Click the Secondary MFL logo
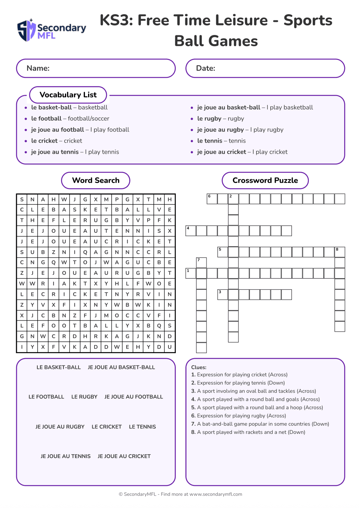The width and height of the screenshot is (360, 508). click(52, 30)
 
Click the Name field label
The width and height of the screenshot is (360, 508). click(38, 68)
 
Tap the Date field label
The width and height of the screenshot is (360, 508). click(205, 68)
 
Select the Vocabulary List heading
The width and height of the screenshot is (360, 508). click(68, 95)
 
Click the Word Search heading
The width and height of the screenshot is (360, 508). click(96, 181)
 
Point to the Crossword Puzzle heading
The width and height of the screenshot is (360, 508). click(265, 181)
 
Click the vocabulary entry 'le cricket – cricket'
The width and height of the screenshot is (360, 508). click(57, 141)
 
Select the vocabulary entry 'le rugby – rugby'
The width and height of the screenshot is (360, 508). click(220, 119)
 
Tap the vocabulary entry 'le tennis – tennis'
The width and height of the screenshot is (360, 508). click(221, 141)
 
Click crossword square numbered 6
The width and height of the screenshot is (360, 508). click(212, 199)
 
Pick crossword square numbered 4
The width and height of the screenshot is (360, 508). click(191, 231)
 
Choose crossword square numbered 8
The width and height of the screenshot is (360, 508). click(340, 252)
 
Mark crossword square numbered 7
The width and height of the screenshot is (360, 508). click(202, 263)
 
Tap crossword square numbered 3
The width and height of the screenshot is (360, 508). click(223, 295)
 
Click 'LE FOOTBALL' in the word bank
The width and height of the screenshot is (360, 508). click(46, 397)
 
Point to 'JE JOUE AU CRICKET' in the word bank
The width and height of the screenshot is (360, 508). click(124, 457)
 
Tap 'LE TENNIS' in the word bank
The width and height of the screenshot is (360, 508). click(142, 427)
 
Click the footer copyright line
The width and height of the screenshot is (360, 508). click(180, 495)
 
